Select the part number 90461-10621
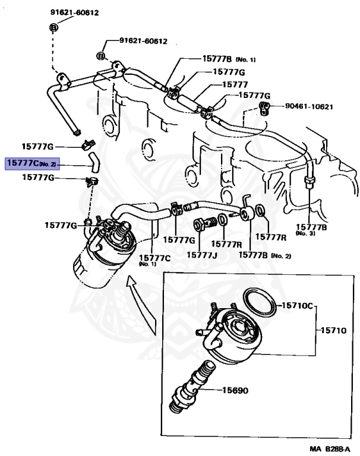pos(308,107)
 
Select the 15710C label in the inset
pos(296,306)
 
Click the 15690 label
pos(235,391)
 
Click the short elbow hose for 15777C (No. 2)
pos(94,160)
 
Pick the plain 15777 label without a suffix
pos(235,84)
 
